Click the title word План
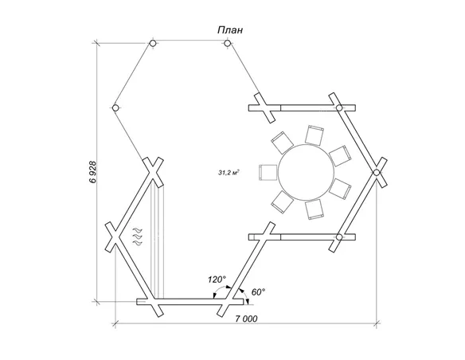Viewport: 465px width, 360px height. tap(230, 30)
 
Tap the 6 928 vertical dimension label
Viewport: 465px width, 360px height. tap(92, 172)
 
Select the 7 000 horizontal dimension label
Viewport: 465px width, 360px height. tap(247, 319)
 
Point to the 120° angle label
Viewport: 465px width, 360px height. tap(217, 280)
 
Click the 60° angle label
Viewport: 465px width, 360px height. tap(258, 292)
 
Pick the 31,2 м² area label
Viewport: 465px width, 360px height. tap(229, 173)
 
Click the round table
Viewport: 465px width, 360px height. tap(307, 172)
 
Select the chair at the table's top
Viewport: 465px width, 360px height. tap(315, 135)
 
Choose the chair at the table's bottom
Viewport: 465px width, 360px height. tap(315, 209)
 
